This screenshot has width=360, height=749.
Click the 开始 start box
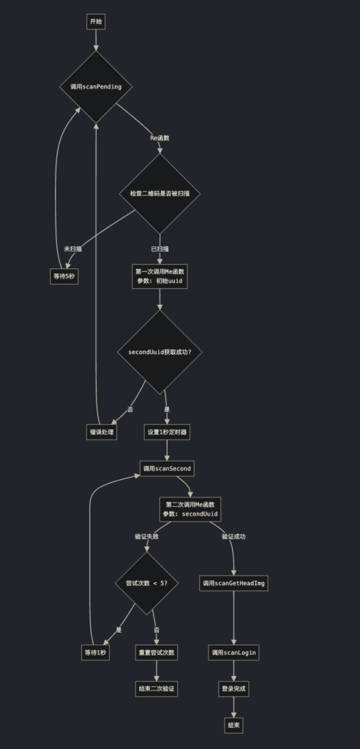point(96,21)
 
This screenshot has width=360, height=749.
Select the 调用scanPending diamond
point(96,87)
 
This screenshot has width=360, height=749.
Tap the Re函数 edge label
point(160,138)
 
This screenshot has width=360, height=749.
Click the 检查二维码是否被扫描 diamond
point(160,194)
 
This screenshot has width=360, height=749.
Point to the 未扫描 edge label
point(72,249)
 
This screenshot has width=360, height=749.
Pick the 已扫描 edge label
point(160,249)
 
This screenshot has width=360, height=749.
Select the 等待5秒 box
point(64,276)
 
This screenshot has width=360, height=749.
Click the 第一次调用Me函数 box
point(160,276)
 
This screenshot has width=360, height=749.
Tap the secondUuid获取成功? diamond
point(160,352)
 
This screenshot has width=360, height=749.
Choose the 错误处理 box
point(102,432)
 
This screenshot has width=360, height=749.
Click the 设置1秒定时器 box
point(167,432)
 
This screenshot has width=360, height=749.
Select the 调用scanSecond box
point(167,469)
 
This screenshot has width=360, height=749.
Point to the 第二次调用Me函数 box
point(190,510)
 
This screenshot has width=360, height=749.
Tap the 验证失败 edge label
point(147,536)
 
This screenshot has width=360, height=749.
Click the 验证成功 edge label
point(234,536)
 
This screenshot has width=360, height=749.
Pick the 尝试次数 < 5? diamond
point(147,583)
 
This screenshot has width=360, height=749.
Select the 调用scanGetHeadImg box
point(234,583)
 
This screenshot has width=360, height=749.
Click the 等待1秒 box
point(95,653)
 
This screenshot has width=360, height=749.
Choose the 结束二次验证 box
point(157,689)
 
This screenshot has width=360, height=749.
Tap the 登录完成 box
point(234,689)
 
